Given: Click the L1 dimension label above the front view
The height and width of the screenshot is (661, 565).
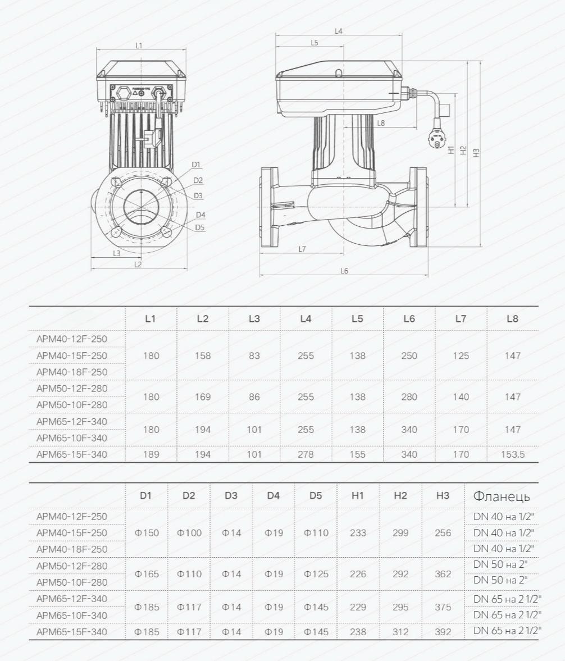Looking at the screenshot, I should pos(139,45).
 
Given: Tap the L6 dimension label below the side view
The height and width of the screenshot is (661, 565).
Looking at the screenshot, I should pos(344,271).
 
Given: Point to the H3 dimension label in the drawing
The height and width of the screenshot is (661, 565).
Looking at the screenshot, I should pos(476,152).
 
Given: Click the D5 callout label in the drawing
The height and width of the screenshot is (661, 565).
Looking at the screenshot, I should pos(200,227).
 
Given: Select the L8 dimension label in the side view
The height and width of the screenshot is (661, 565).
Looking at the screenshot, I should pos(381,122).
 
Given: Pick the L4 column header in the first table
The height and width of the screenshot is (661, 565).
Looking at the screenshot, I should pos(306,318).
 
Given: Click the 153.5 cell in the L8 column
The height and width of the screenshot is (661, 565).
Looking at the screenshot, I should pos(512,454).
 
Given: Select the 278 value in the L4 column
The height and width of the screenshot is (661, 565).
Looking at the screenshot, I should pos(306,454).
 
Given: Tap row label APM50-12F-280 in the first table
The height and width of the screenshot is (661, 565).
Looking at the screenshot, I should pos(72,389).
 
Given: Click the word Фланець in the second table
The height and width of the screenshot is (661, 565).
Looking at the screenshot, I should pos(502,496).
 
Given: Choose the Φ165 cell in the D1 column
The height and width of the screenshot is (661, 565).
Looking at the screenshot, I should pos(147,574).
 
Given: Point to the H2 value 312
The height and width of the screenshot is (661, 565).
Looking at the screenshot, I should pos(400,632).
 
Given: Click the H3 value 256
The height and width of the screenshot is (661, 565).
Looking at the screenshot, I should pos(443,532).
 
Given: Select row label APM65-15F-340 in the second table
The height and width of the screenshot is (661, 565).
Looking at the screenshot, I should pos(72,632).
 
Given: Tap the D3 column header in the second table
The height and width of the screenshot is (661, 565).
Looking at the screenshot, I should pos(231,495).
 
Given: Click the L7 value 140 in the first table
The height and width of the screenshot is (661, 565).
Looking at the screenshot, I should pos(461,396).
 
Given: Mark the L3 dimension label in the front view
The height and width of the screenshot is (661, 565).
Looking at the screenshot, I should pos(116,253).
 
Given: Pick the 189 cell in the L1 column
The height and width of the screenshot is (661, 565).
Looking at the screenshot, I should pos(151,454).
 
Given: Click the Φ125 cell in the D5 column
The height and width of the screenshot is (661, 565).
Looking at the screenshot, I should pos(316,574).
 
